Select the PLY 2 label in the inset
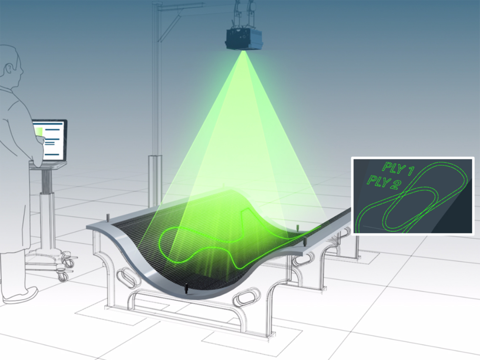pyautogui.click(x=382, y=181)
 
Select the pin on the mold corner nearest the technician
pyautogui.click(x=108, y=218)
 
